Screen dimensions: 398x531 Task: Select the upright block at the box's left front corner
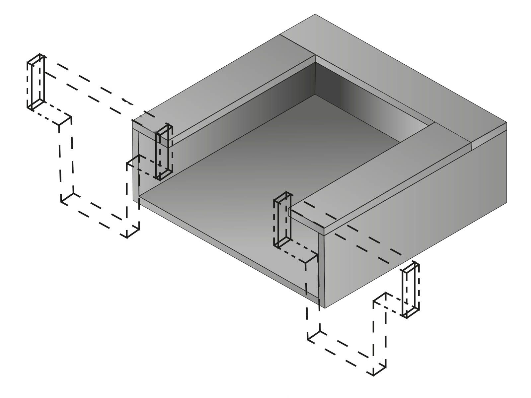(164, 152)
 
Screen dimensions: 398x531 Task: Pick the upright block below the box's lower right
(411, 290)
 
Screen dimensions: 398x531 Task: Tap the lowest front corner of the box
(324, 308)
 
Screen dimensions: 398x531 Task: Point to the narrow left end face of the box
(135, 166)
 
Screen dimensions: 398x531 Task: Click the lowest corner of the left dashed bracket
(127, 237)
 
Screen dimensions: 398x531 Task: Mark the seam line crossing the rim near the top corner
(297, 45)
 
